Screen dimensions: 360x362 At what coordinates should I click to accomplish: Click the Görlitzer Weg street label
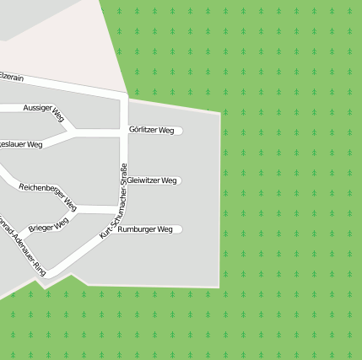coord(152,131)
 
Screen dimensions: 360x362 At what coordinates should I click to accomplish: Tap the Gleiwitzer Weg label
coord(152,180)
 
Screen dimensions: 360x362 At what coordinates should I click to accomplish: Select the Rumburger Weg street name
coord(145,229)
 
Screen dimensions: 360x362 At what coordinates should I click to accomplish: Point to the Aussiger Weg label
coord(44,110)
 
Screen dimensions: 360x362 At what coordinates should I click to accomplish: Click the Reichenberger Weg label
coord(48,196)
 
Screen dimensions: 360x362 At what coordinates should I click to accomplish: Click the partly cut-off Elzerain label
coord(11,77)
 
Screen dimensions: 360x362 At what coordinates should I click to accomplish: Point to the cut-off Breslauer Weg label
coord(21,144)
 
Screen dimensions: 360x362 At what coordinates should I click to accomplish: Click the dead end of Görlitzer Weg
coord(180,131)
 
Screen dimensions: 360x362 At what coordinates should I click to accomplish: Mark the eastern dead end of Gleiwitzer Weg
coord(180,180)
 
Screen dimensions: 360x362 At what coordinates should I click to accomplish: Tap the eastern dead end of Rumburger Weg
coord(180,229)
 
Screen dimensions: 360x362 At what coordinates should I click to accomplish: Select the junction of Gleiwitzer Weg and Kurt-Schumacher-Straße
coord(124,180)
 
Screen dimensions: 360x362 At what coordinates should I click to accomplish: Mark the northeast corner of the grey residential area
coord(220,112)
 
